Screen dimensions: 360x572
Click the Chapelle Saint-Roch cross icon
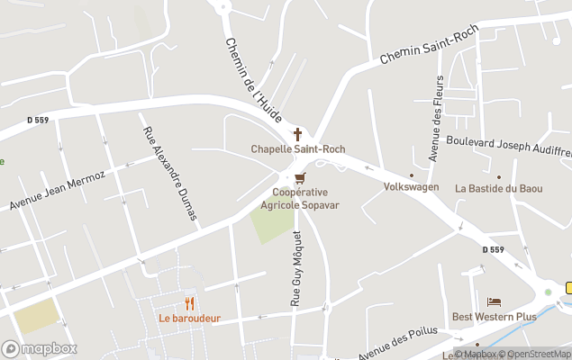297,133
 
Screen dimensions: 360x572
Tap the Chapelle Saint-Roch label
297,148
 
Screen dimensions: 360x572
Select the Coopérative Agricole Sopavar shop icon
300,177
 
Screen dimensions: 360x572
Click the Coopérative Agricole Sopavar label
300,198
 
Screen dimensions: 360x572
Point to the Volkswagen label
411,187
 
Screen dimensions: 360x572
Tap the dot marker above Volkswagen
412,175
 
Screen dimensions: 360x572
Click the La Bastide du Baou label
498,188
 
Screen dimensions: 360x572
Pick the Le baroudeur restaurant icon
189,303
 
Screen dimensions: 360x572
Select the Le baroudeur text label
189,318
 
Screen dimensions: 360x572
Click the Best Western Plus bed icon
494,301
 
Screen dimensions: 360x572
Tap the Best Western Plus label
494,317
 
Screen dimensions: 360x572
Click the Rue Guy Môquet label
295,268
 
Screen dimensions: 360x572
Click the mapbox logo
39,348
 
